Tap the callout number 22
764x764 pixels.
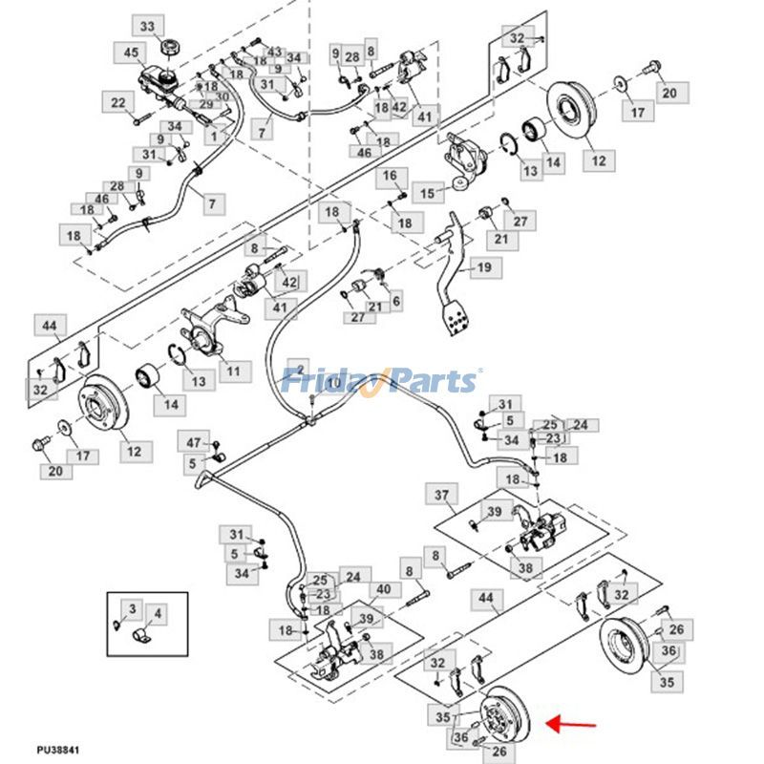point(118,103)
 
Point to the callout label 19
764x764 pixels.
point(483,268)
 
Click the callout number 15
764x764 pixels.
point(428,194)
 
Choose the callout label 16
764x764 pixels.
point(390,177)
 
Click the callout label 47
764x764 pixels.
point(194,442)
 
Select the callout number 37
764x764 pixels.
point(441,496)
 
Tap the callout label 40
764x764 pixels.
point(383,590)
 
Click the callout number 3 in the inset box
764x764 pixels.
point(133,608)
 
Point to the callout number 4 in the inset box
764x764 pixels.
point(158,613)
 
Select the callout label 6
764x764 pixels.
point(395,301)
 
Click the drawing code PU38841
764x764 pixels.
point(58,751)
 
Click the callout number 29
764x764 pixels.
point(205,103)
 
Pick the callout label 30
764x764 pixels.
point(222,96)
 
